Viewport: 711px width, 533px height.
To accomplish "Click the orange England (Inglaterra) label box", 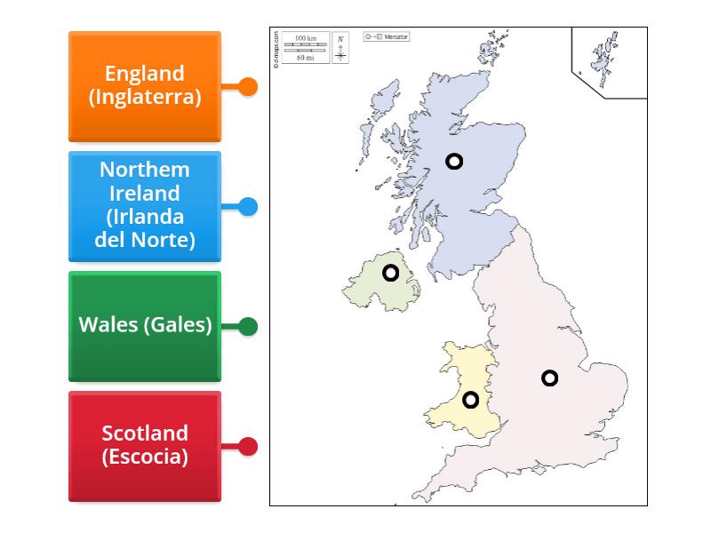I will click(145, 86).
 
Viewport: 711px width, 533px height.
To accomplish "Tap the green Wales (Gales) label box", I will click(145, 326).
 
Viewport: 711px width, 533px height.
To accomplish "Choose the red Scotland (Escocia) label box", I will click(145, 446).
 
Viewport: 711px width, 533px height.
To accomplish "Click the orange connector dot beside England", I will click(249, 87).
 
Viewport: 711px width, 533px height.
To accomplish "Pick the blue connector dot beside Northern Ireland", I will click(249, 207).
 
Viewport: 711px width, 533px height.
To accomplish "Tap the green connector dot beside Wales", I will click(249, 327).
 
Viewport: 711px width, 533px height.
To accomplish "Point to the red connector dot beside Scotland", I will click(249, 447).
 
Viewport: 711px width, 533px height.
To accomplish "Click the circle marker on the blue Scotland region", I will click(454, 162).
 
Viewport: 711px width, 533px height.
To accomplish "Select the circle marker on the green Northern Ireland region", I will click(391, 273).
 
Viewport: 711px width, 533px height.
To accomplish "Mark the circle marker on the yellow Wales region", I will click(471, 400).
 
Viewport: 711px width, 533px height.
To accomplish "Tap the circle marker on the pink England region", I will click(550, 378).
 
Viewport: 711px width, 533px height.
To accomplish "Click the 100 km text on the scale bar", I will click(306, 38).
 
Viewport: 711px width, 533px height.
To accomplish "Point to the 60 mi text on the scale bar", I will click(306, 57).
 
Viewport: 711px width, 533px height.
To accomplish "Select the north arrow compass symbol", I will click(341, 49).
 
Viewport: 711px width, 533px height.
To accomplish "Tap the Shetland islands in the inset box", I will click(607, 55).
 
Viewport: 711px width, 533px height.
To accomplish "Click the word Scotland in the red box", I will click(145, 434).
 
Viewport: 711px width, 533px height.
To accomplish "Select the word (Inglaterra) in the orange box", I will click(145, 97).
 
